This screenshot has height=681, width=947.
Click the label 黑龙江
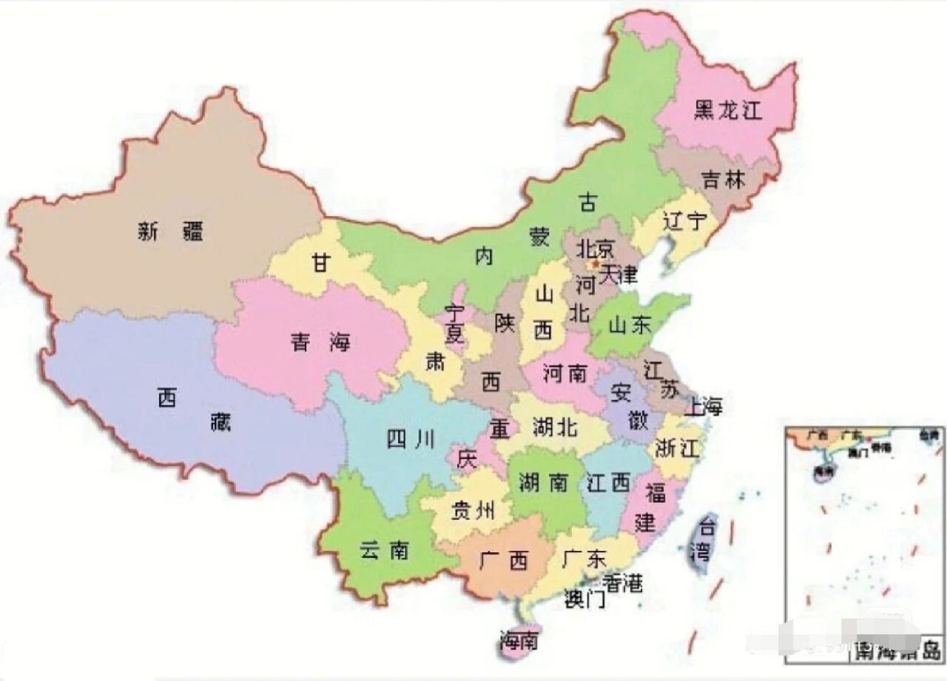(728, 110)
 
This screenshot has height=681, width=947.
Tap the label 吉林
(724, 180)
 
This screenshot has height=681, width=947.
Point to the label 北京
(596, 247)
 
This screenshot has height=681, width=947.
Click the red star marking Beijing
(596, 263)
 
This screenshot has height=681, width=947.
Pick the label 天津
(618, 275)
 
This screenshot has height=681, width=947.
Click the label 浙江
(676, 448)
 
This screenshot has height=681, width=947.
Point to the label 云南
(384, 550)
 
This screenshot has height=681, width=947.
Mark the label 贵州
(473, 511)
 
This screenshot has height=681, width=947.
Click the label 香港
(624, 584)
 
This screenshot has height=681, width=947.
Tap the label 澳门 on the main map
(584, 600)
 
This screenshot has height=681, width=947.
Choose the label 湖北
(555, 427)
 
